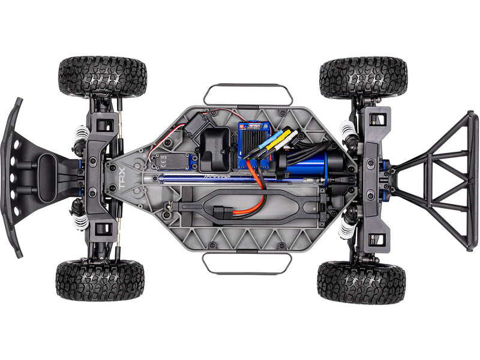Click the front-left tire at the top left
click(x=103, y=77)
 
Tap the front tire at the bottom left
click(x=100, y=280)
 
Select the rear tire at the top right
click(x=363, y=77)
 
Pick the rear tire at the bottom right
click(x=361, y=281)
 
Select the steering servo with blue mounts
click(x=170, y=161)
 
